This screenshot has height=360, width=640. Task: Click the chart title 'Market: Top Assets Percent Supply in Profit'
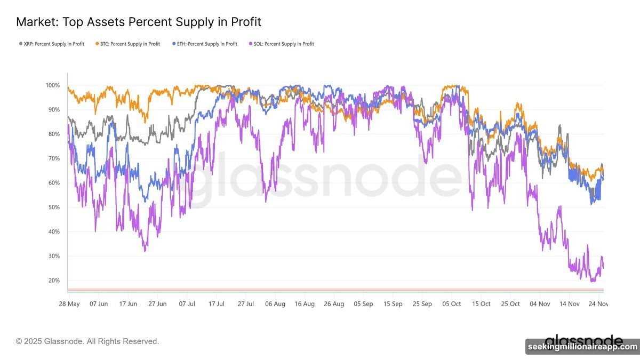[138, 22]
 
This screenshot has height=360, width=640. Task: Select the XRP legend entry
[51, 44]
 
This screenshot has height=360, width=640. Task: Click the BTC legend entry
[127, 44]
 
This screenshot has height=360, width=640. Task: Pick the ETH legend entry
[205, 44]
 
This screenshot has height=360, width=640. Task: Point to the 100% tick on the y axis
[52, 85]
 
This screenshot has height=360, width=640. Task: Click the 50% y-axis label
[53, 207]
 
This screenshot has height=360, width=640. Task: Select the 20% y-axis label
[53, 281]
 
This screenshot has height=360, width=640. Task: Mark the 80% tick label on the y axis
[53, 134]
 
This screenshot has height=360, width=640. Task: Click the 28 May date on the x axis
[69, 303]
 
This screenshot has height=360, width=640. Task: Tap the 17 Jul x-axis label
[216, 303]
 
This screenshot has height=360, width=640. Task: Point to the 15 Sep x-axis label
[393, 303]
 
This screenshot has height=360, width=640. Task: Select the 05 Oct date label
[452, 303]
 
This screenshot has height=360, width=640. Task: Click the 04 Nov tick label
[540, 303]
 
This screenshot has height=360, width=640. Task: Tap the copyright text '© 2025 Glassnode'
[87, 341]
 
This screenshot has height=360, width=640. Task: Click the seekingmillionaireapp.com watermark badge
[582, 347]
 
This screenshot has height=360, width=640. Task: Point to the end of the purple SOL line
[603, 268]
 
